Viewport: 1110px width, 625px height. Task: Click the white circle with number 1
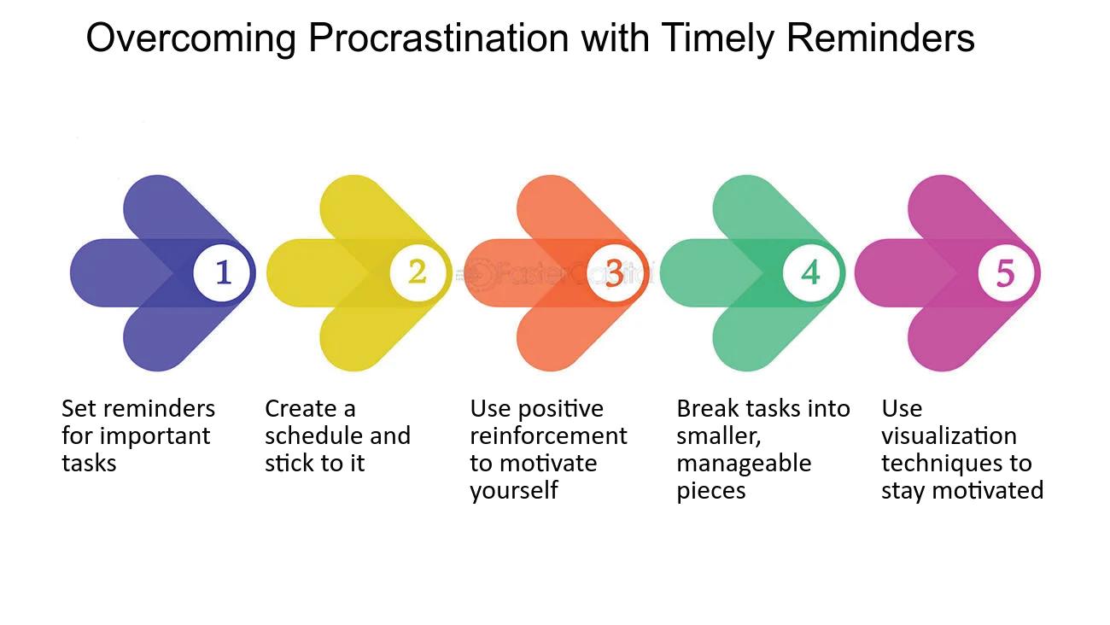[221, 273]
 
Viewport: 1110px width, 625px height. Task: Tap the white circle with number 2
[418, 273]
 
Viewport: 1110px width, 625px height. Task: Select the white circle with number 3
[615, 273]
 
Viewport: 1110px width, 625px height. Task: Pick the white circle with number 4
[811, 273]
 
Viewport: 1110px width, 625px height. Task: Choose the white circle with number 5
[1007, 273]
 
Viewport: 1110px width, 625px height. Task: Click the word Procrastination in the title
[439, 38]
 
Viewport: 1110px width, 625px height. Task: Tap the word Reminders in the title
[880, 38]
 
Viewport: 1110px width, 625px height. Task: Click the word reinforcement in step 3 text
[548, 435]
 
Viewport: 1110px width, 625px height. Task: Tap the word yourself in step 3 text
[514, 491]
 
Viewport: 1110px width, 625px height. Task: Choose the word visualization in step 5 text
[949, 435]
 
